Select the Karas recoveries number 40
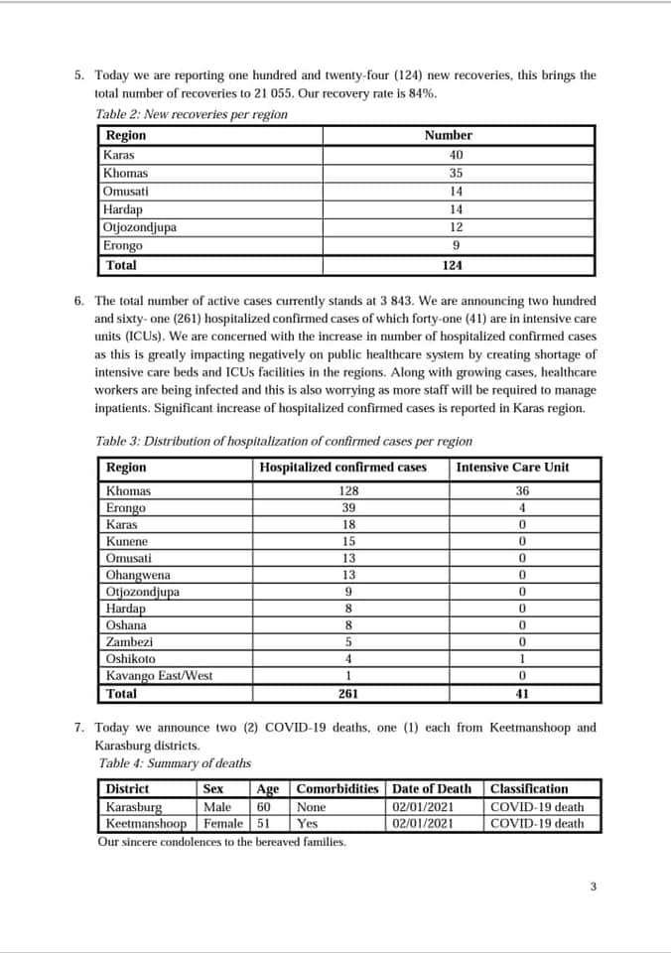[456, 155]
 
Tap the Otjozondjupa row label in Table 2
[140, 227]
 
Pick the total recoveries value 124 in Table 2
[452, 265]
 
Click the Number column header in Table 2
[449, 135]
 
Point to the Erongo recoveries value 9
[456, 245]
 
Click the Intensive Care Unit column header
[512, 467]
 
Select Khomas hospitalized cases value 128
[348, 491]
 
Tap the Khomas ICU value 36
[522, 491]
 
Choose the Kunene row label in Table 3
[127, 542]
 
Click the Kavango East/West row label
[159, 676]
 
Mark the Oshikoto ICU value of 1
[522, 659]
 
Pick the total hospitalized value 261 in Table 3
[348, 694]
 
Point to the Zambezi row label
[128, 642]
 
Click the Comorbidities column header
[337, 789]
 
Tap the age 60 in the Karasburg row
[264, 807]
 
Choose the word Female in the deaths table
[223, 823]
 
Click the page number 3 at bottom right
[593, 886]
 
